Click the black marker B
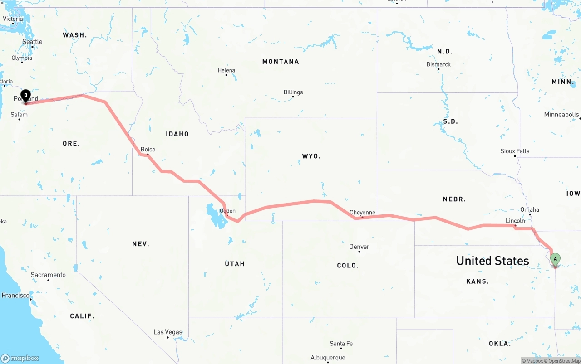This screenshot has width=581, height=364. click(26, 96)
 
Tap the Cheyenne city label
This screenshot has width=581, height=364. click(362, 213)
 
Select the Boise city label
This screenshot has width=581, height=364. click(148, 150)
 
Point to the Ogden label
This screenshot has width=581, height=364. click(227, 211)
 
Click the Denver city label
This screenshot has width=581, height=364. click(359, 247)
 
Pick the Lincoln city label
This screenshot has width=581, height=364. click(515, 221)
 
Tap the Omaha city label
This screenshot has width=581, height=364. click(530, 209)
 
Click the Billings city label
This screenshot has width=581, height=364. click(293, 92)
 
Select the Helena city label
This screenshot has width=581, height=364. click(226, 70)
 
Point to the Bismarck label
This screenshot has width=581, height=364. click(438, 64)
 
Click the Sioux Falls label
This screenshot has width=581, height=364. click(515, 151)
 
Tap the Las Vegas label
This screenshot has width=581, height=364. click(167, 332)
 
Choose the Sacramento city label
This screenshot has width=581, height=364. click(48, 275)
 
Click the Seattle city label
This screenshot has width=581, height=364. click(32, 42)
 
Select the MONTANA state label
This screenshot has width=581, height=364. click(281, 62)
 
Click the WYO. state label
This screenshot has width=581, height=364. click(311, 156)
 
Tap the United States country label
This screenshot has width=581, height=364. click(492, 261)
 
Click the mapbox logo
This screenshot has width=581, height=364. click(20, 358)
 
